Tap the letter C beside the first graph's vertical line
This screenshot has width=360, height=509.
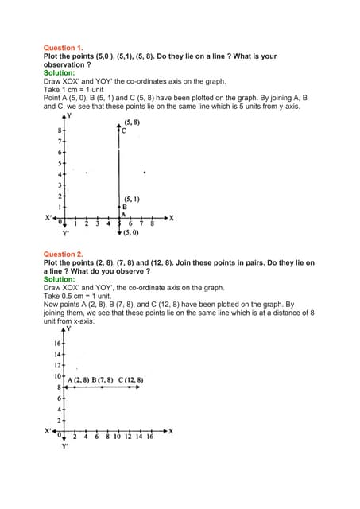tap(124, 130)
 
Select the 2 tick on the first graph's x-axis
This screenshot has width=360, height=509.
tap(86, 224)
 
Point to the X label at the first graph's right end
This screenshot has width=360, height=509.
tap(172, 217)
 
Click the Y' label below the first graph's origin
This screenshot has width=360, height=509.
tap(67, 234)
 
